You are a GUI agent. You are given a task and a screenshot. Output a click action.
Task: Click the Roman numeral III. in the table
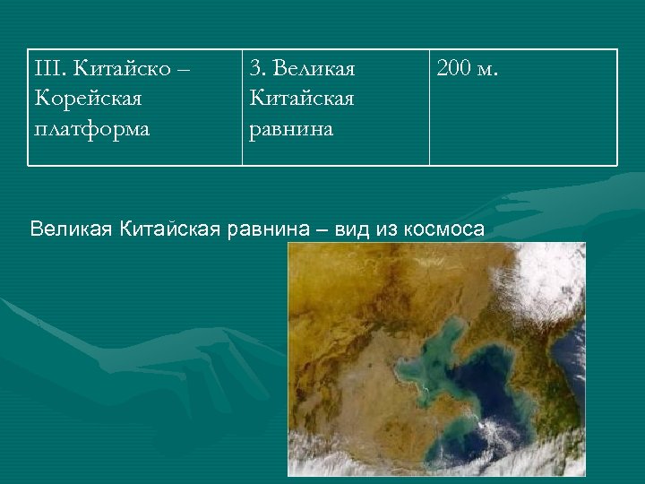[50, 68]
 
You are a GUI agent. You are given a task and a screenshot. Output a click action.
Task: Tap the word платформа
[91, 127]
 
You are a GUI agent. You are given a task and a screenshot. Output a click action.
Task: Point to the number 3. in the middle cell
[257, 68]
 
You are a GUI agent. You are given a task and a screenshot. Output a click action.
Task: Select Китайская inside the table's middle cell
[302, 98]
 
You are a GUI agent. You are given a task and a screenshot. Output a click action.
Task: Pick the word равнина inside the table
[291, 127]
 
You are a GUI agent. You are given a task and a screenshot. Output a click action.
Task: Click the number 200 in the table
[455, 68]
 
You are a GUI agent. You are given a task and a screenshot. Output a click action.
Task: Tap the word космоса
[443, 228]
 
